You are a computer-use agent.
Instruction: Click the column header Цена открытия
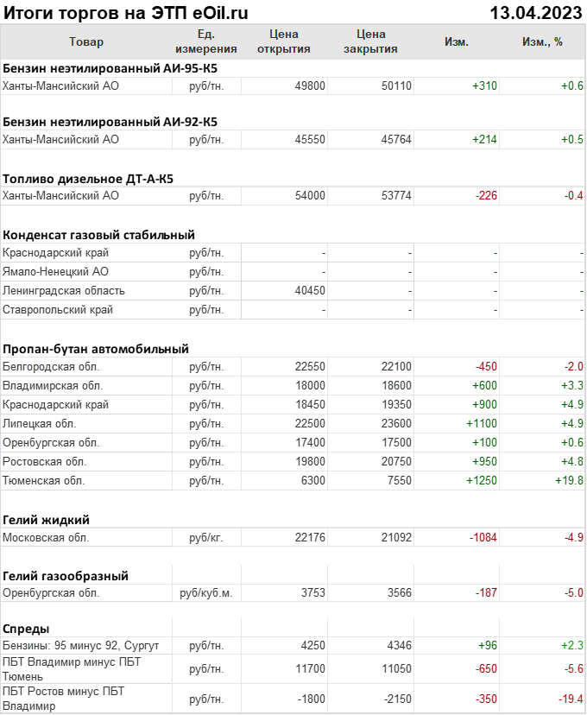[x=284, y=41]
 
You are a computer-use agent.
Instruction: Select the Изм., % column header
[x=542, y=41]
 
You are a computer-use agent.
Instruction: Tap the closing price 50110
[x=396, y=85]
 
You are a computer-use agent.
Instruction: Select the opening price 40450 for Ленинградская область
[x=310, y=291]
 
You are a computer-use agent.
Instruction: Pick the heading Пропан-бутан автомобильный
[x=96, y=349]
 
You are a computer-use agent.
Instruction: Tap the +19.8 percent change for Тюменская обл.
[x=570, y=480]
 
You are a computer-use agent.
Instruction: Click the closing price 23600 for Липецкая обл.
[x=396, y=423]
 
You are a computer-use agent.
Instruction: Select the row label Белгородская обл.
[x=53, y=366]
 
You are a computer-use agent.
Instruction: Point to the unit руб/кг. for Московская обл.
[x=206, y=537]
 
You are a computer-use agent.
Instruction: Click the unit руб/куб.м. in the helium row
[x=206, y=593]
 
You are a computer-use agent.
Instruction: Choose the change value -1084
[x=483, y=537]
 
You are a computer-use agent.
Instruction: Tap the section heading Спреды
[x=26, y=629]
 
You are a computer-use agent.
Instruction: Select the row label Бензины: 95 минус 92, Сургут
[x=81, y=645]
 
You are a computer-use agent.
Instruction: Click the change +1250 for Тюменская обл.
[x=482, y=480]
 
